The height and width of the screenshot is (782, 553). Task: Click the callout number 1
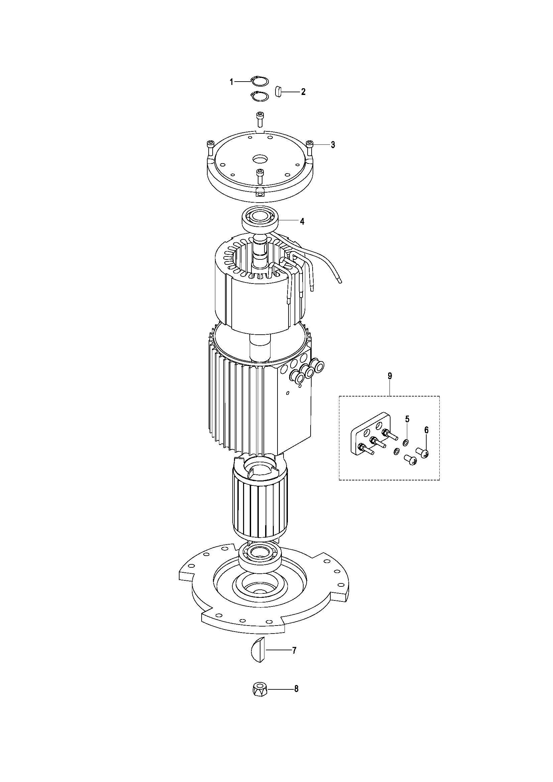click(x=232, y=82)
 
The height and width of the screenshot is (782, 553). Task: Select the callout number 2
click(x=303, y=92)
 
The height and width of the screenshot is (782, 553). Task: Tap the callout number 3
click(x=333, y=145)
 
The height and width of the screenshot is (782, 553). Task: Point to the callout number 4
click(x=302, y=221)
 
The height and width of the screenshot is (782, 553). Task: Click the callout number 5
click(x=407, y=419)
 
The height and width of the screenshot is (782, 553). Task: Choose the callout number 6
click(x=426, y=430)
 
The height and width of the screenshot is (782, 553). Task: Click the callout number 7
click(x=294, y=651)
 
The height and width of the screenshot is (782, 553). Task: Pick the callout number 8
click(x=296, y=689)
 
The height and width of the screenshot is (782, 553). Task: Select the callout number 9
click(x=390, y=376)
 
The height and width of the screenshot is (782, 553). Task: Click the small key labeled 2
click(x=278, y=92)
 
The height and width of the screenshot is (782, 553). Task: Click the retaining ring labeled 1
click(x=260, y=82)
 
